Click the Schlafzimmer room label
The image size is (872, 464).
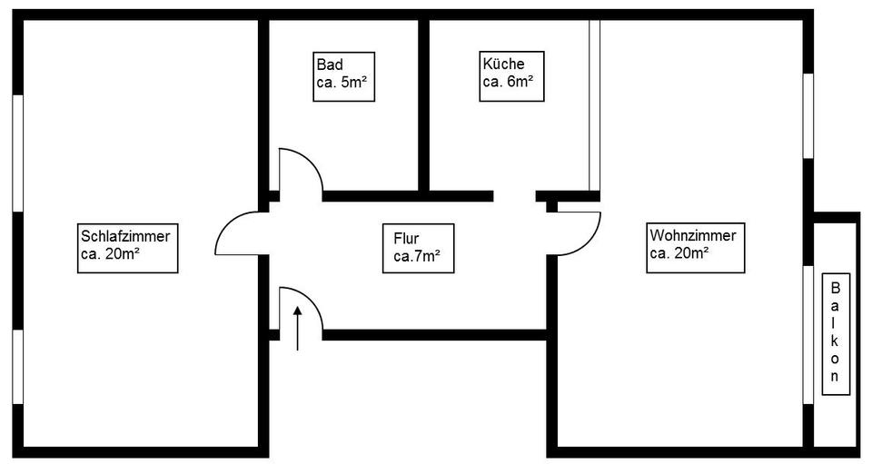coord(127,248)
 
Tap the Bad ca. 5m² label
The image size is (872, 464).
coord(343,76)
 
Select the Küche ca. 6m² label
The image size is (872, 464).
coord(511,76)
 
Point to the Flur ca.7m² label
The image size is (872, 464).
coord(418,249)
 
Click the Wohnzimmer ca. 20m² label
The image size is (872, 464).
coord(695,248)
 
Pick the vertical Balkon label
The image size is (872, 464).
coord(836,333)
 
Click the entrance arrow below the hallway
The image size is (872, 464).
coord(298,328)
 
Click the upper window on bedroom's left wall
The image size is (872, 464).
coord(18,153)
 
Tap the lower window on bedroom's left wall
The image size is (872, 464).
coord(18,367)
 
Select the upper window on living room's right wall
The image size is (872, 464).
coord(808,116)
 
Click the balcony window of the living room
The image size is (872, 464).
coord(808,334)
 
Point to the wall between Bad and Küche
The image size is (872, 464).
coord(424,105)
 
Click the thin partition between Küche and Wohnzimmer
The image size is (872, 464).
coord(594,105)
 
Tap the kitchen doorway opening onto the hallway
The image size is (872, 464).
coord(514,196)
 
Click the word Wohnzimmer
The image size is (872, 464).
coord(693,235)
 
